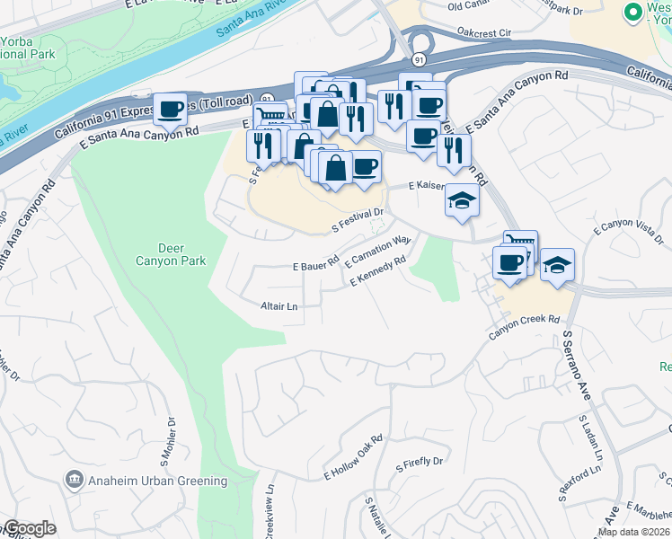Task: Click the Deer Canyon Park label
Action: [x=182, y=254]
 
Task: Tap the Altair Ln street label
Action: [x=279, y=306]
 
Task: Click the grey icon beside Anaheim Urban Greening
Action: [x=75, y=480]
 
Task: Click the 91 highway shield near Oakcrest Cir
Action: [x=420, y=58]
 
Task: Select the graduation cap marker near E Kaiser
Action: [x=462, y=199]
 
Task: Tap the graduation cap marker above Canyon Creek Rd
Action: [x=557, y=264]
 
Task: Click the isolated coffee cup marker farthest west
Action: [x=170, y=109]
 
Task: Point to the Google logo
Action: [x=30, y=529]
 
